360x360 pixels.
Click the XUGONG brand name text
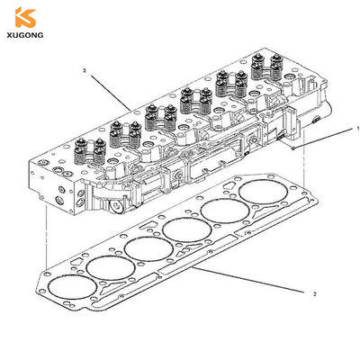pos(25,35)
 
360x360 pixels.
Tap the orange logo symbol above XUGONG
pos(26,17)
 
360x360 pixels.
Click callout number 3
pos(85,71)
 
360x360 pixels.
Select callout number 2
pos(314,294)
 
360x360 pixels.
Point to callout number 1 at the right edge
pos(358,129)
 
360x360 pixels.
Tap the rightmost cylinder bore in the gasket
pos(264,192)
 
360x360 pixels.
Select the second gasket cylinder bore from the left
pos(111,268)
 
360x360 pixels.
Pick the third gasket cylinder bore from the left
pos(148,249)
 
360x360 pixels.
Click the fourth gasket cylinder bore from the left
pos(187,230)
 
